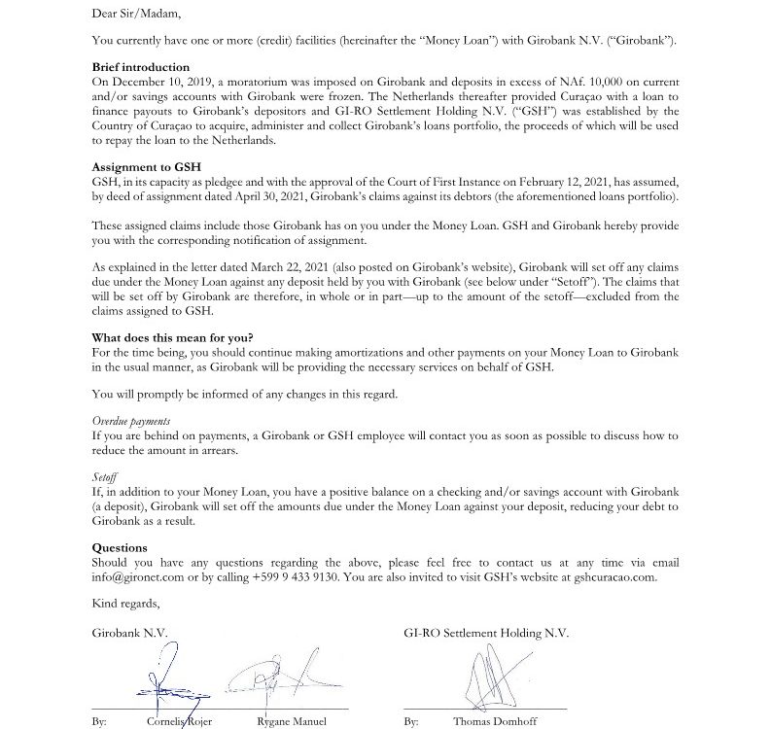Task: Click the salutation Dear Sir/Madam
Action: click(136, 15)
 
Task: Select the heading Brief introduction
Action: click(141, 67)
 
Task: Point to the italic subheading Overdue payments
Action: click(131, 422)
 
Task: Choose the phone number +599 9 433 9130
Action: click(298, 577)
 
